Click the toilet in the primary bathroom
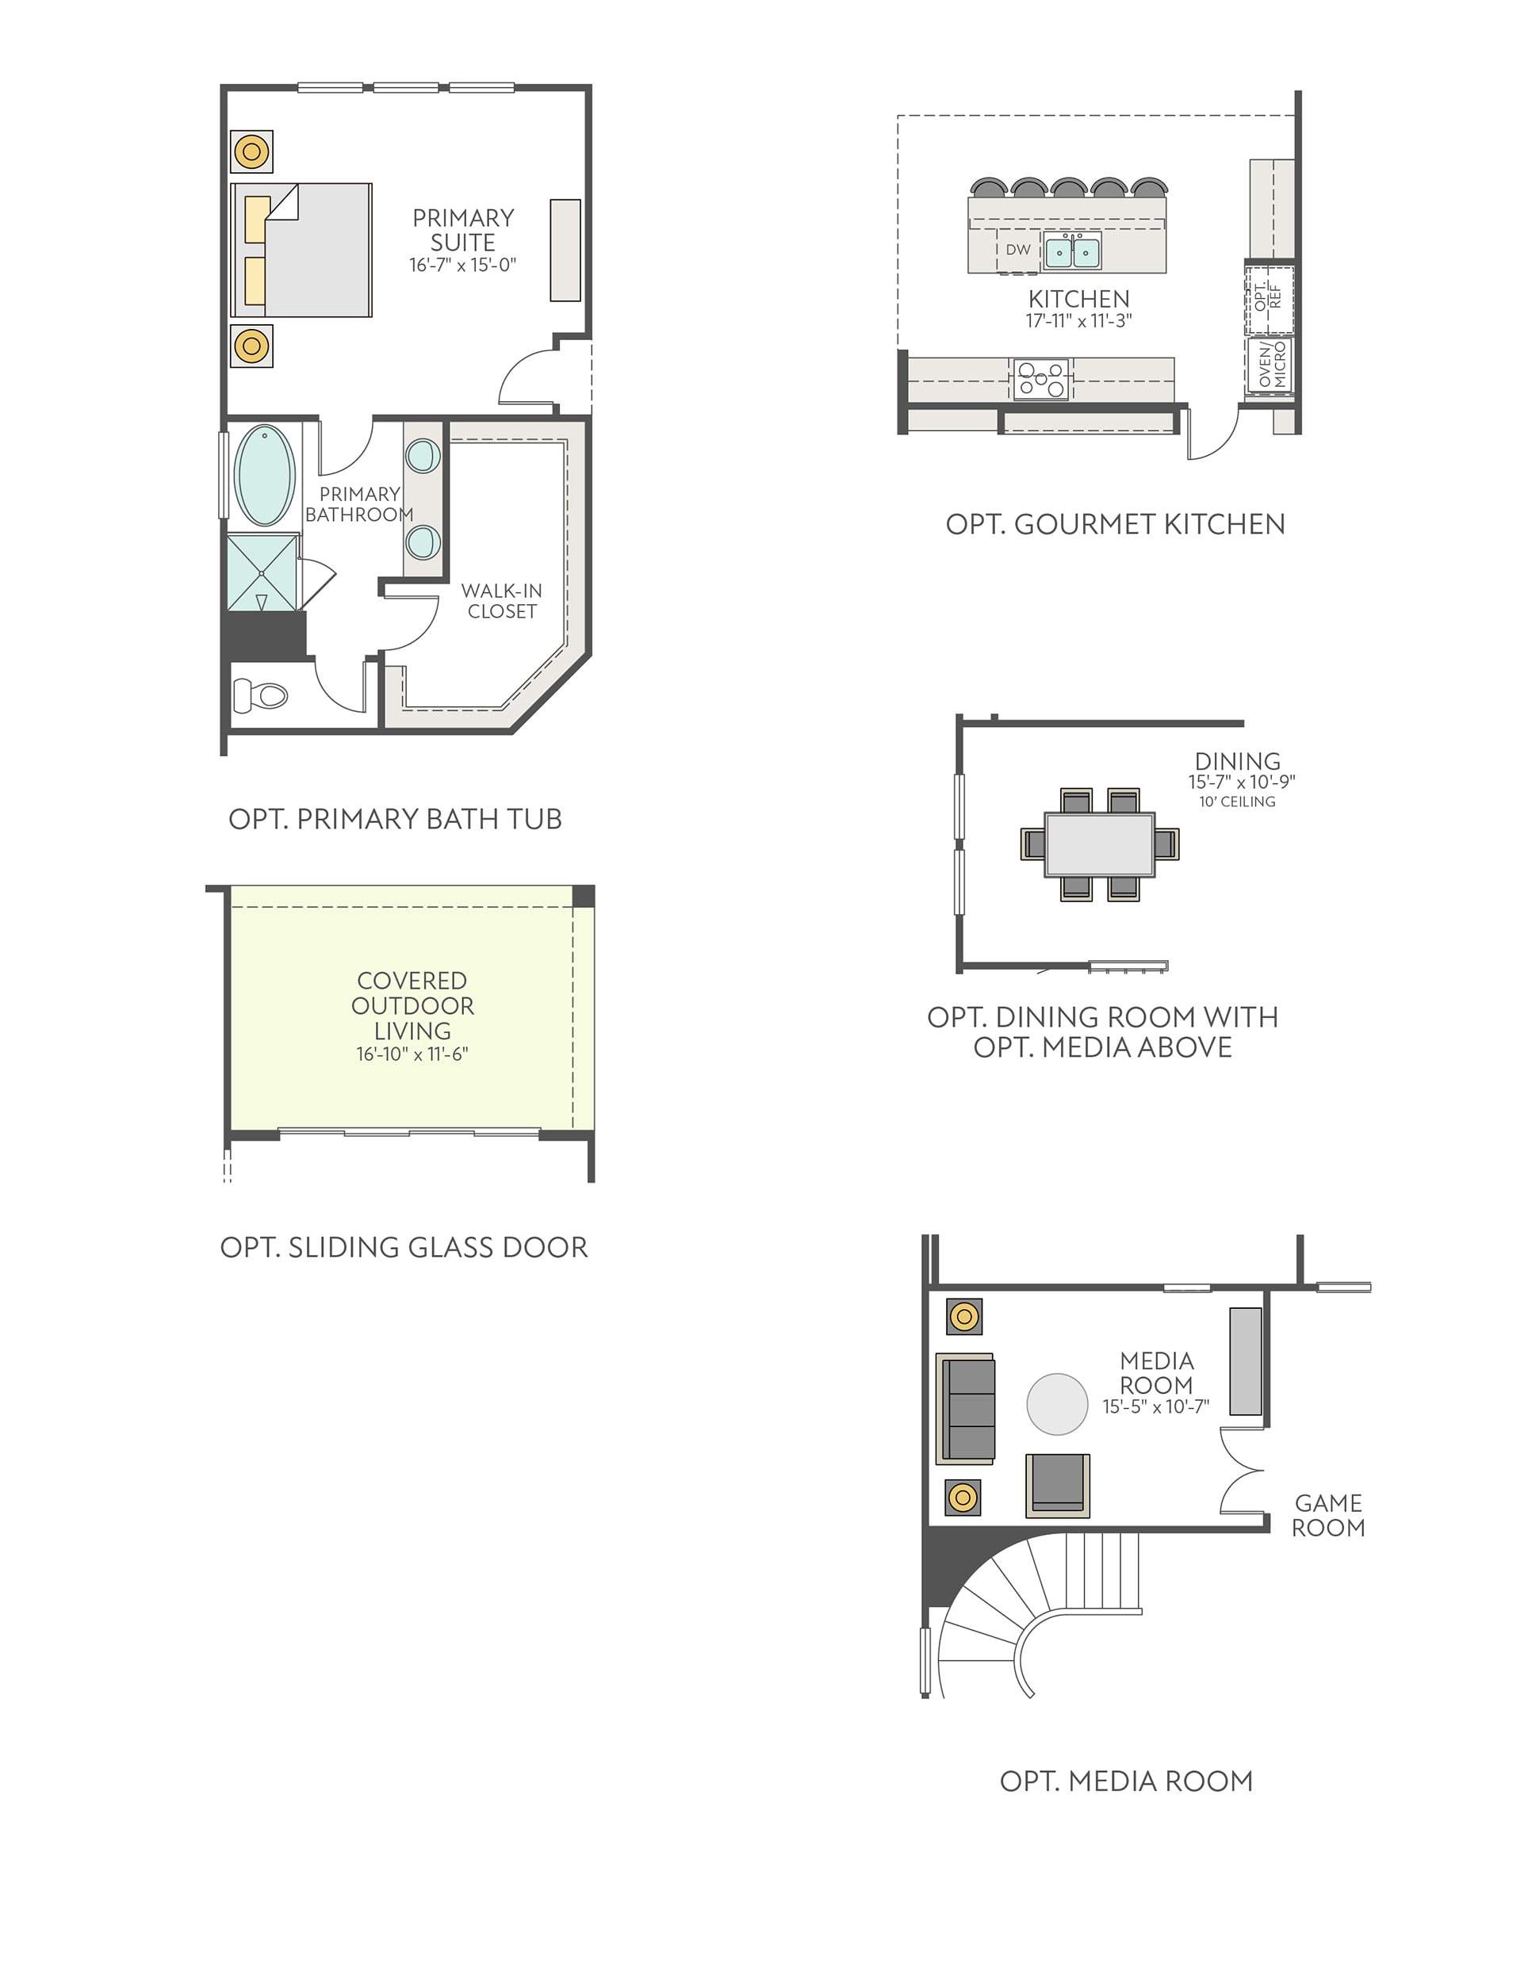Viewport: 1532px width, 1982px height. click(x=260, y=696)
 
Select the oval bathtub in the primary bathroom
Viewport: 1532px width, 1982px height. click(x=264, y=475)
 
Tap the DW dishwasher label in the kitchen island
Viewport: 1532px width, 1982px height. click(x=1018, y=250)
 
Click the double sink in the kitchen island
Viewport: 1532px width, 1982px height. click(x=1072, y=251)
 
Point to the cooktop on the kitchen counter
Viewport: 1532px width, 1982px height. click(x=1041, y=378)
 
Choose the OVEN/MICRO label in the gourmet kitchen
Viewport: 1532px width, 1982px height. click(x=1273, y=365)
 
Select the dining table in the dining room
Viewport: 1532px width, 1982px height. click(x=1099, y=844)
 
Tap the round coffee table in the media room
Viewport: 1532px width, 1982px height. click(x=1056, y=1404)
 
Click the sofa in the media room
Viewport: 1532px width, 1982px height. click(x=966, y=1410)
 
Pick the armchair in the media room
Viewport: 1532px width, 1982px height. click(x=1057, y=1486)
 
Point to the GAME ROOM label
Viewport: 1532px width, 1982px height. click(x=1327, y=1516)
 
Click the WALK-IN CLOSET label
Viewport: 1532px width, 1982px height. click(x=502, y=601)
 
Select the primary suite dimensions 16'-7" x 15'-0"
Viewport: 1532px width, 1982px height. click(x=463, y=265)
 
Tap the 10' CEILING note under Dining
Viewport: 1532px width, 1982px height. click(x=1237, y=802)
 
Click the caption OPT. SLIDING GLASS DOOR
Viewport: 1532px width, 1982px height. click(x=404, y=1247)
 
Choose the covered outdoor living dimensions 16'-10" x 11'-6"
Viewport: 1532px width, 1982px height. click(x=412, y=1054)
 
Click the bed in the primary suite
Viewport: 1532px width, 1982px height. click(x=302, y=250)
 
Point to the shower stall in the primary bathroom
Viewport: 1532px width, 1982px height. click(x=262, y=572)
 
